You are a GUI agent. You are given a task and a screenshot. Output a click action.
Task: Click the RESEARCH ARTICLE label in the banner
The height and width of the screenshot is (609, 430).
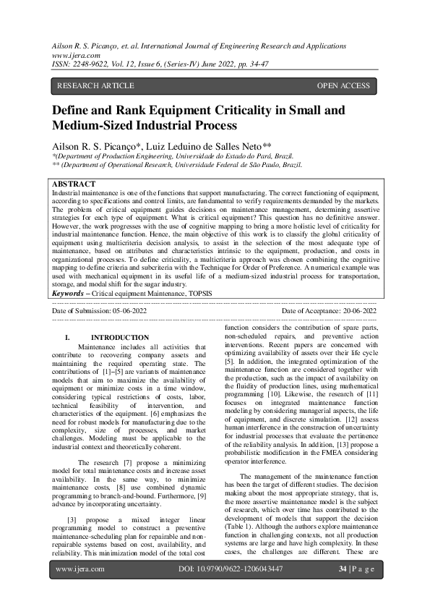(95, 86)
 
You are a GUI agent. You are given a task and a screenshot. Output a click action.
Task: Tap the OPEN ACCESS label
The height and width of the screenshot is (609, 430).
(343, 86)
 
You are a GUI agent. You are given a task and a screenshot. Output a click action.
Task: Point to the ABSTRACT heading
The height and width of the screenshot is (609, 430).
(74, 184)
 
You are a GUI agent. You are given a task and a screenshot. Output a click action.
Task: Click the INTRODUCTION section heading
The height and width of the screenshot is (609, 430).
(120, 337)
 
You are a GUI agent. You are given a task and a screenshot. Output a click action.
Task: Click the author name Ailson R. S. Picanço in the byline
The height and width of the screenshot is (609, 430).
(94, 146)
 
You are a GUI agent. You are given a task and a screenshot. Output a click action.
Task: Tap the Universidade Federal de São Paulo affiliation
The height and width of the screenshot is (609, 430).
(224, 165)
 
